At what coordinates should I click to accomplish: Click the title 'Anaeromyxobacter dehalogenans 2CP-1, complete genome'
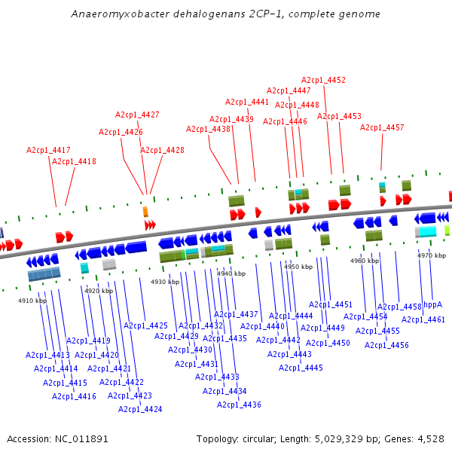coord(226,14)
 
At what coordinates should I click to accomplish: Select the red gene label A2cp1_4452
coord(323,80)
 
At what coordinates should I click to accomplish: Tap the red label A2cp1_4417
coord(48,150)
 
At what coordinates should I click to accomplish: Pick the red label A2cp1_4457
coord(382,127)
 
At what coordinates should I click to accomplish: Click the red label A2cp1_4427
coord(137,115)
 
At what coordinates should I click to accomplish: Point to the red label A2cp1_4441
coord(247,102)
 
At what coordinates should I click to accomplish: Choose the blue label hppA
coord(432,304)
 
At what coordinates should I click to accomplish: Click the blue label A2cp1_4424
coord(140,409)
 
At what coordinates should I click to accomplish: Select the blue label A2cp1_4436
coord(240,405)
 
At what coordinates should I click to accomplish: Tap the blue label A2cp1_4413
coord(47,355)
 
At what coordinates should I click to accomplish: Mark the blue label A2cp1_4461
coord(423,319)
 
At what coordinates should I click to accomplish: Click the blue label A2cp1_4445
coord(301,368)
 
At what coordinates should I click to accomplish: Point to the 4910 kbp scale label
coord(32,301)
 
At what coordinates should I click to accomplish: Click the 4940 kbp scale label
coord(231,273)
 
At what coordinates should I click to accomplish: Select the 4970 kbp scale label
coord(431,255)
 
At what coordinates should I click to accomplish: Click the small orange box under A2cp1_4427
coord(145,212)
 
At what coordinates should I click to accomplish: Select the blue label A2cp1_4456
coord(386,345)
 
